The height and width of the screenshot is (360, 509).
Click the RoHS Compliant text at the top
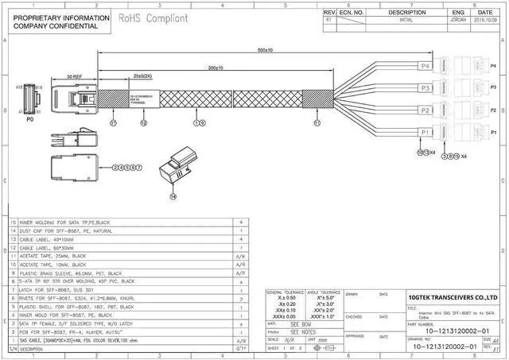[154, 17]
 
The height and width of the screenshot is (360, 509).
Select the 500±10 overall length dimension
[265, 50]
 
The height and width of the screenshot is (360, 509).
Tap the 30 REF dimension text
[74, 75]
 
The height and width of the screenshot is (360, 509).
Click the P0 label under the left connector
[30, 121]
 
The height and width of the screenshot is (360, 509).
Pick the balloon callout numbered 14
[174, 194]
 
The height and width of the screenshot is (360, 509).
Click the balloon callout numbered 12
[143, 123]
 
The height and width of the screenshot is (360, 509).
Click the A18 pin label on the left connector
[17, 86]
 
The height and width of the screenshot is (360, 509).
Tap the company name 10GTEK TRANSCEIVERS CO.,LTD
[453, 297]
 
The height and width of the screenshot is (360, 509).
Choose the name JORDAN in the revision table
[457, 21]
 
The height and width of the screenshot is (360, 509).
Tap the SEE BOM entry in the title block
[301, 324]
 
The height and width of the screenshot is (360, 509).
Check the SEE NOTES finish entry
[303, 332]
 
